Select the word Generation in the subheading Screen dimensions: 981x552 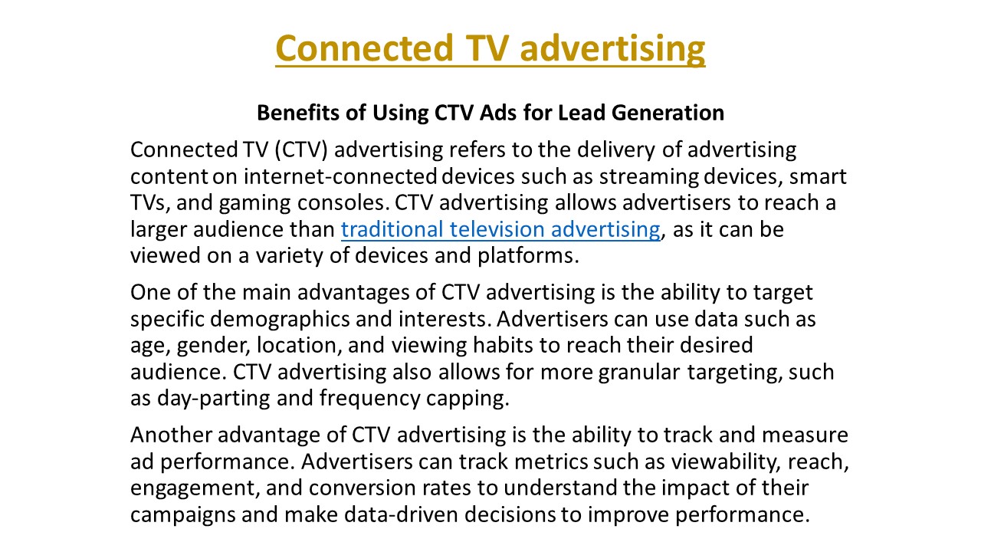668,113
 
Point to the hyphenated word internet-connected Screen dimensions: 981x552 340,176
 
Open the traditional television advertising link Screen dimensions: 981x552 500,229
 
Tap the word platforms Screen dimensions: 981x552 529,256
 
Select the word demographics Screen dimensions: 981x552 280,320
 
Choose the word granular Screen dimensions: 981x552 639,373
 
